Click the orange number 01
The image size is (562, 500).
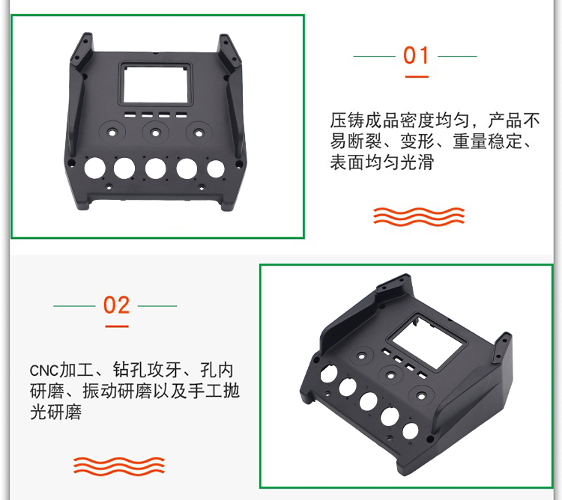click(416, 55)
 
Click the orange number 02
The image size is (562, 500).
click(116, 305)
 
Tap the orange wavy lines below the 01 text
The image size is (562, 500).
click(419, 216)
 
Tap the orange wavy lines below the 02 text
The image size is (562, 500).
click(119, 466)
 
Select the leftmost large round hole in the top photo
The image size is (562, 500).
click(94, 168)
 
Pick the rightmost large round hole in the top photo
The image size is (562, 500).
click(215, 168)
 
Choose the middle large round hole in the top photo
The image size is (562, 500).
click(155, 168)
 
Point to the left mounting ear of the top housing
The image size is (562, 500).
click(81, 50)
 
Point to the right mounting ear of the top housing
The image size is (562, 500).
click(229, 52)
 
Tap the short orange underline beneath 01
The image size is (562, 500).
click(417, 76)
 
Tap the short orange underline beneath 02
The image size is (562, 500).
click(117, 326)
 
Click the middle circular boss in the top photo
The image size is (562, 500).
click(155, 132)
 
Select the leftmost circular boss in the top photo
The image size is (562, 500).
click(112, 132)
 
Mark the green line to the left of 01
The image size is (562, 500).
click(374, 56)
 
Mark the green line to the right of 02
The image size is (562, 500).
click(157, 306)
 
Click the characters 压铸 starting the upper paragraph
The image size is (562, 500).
click(347, 121)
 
